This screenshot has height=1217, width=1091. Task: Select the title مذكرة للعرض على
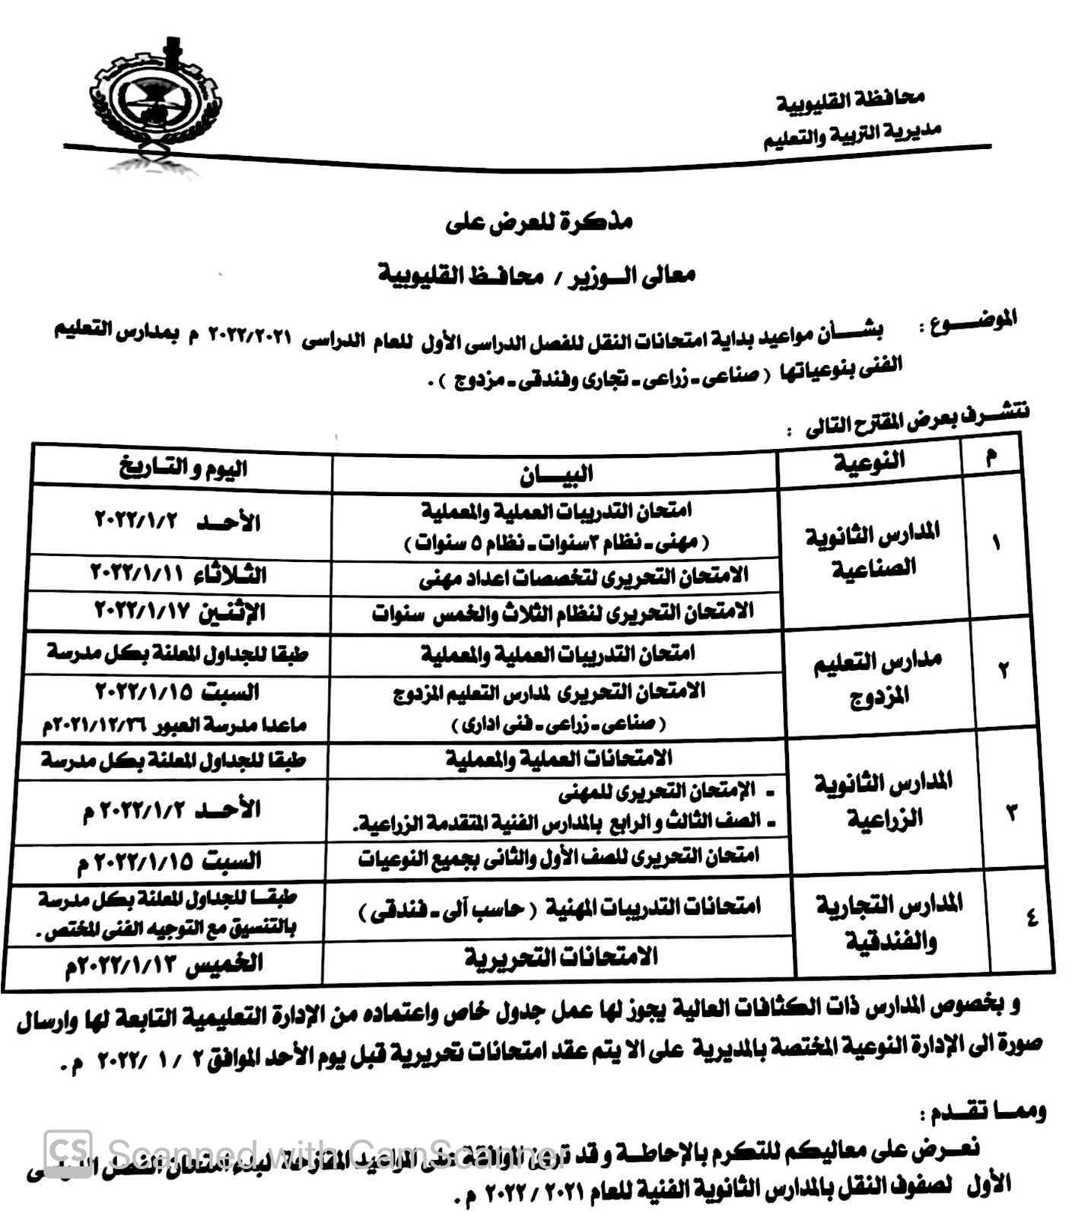[539, 223]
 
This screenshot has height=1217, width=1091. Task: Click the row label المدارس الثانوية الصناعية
[872, 550]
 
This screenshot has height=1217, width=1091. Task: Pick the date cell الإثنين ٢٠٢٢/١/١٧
[180, 611]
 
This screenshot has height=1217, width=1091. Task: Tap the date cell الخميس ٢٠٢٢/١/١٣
[164, 965]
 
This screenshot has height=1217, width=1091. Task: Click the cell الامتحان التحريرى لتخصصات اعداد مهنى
[584, 577]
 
